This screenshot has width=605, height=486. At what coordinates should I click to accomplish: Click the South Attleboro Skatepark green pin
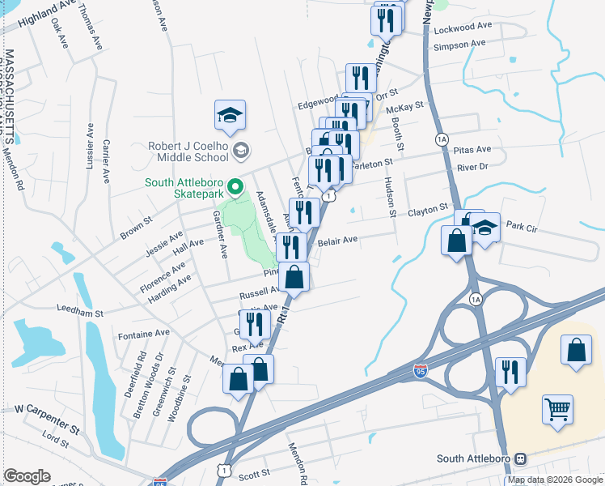tap(236, 188)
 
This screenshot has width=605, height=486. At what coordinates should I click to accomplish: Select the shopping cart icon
tap(557, 409)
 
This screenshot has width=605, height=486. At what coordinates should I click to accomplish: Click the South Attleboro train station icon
tap(521, 458)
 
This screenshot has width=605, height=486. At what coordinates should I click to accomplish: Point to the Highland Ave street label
tap(28, 15)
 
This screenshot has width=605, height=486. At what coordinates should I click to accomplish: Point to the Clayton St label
tap(427, 209)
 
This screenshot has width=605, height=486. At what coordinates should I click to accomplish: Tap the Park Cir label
tap(521, 226)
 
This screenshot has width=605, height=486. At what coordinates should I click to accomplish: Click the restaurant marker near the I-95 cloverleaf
tap(510, 373)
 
